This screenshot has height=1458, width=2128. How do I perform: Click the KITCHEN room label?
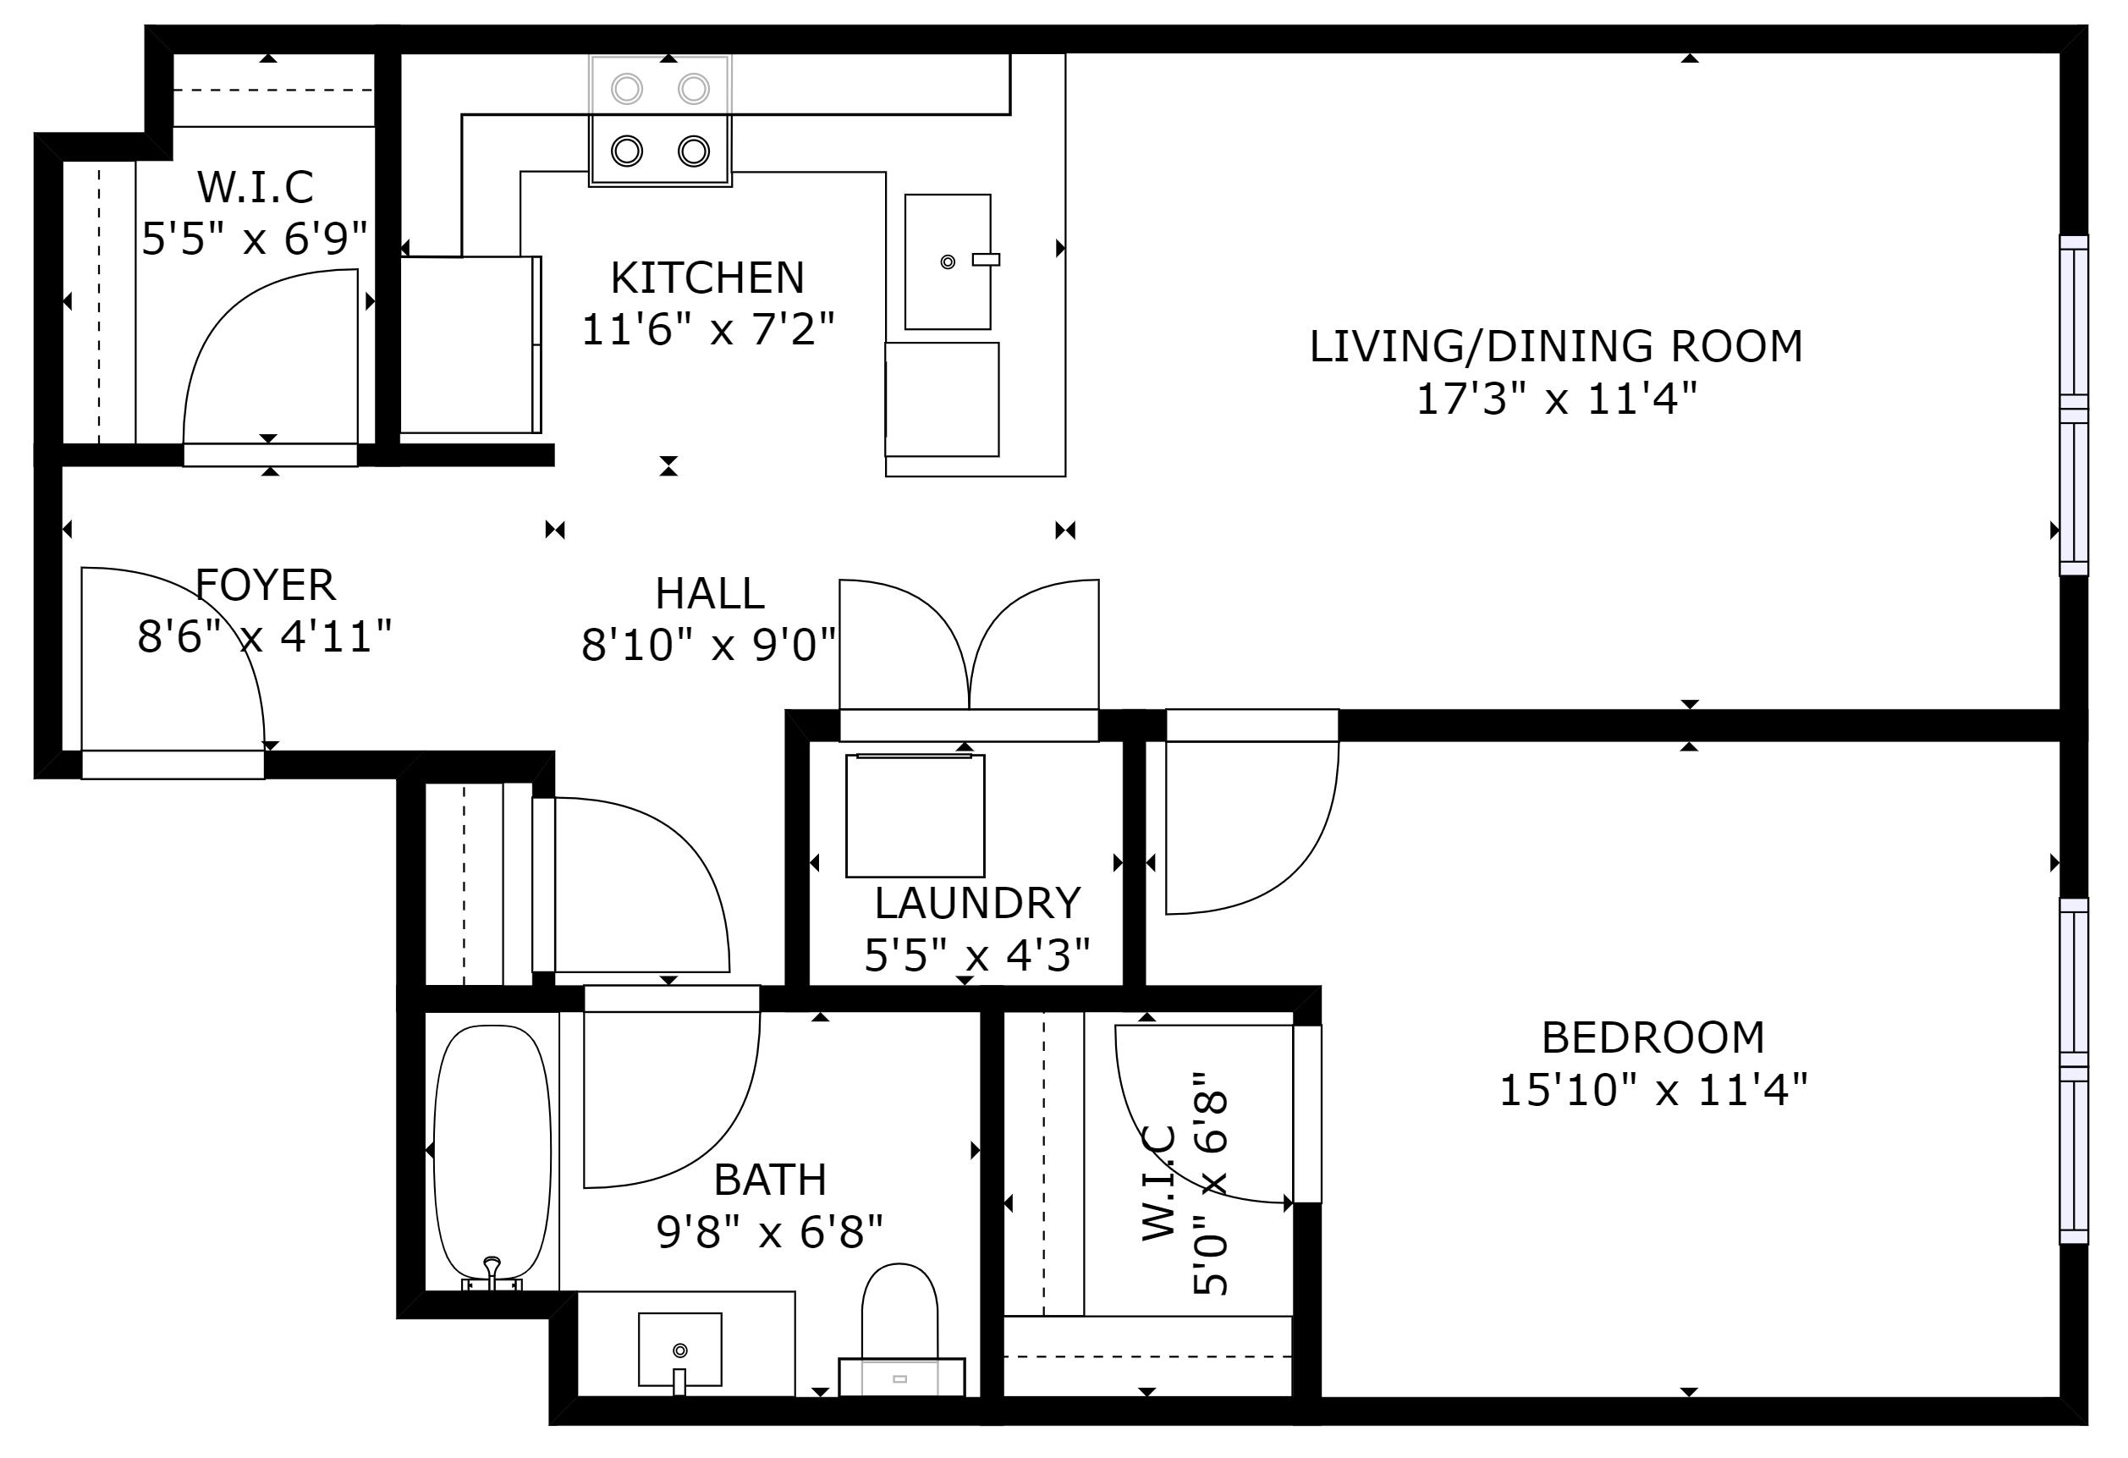tap(707, 278)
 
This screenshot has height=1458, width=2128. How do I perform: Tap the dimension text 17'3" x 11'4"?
tap(1556, 399)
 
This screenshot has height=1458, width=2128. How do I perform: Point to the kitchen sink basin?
tap(947, 262)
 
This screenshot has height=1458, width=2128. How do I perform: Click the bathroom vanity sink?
tap(679, 1350)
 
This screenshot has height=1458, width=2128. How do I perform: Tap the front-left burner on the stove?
tap(627, 150)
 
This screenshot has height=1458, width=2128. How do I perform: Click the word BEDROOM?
tap(1652, 1037)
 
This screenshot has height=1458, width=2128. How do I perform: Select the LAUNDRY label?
tap(977, 903)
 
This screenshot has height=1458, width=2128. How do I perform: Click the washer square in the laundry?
tap(915, 816)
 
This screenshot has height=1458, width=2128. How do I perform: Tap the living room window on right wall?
tap(2073, 405)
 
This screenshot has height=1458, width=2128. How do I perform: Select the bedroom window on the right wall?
tap(2073, 1070)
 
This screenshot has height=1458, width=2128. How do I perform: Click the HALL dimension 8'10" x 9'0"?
tap(709, 645)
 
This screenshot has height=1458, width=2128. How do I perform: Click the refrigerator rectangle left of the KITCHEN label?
tap(469, 344)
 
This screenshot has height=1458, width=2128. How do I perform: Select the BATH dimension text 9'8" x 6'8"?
tap(769, 1232)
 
